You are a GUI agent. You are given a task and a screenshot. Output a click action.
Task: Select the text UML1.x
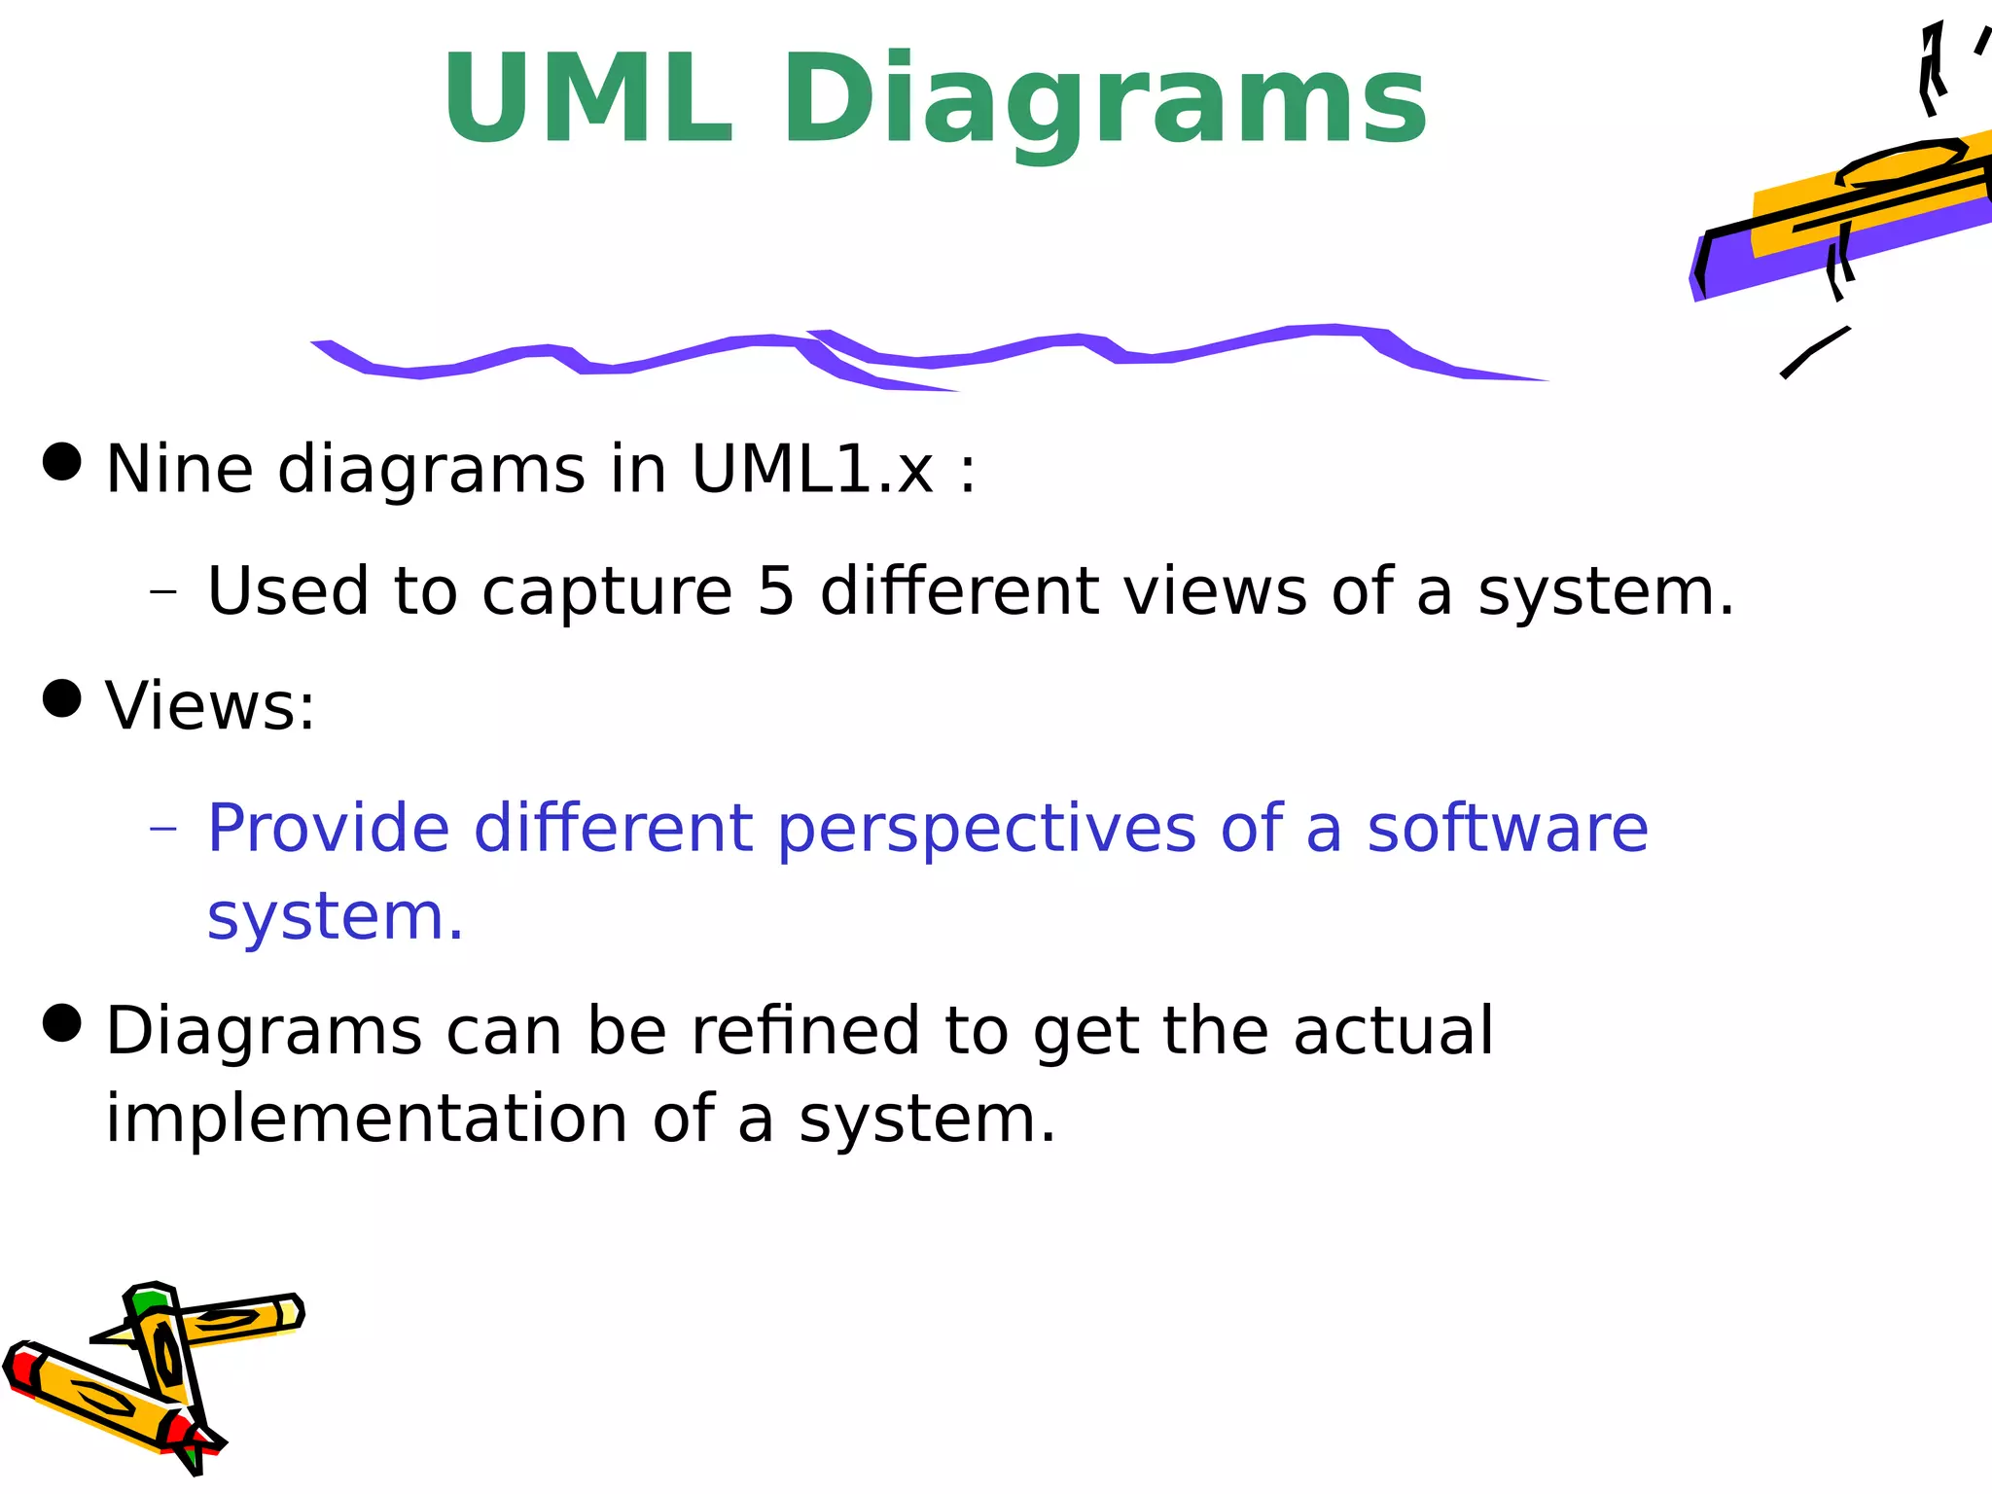pos(812,470)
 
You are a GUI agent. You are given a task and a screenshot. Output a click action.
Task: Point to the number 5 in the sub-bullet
pos(776,590)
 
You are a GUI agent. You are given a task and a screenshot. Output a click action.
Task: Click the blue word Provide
pos(328,829)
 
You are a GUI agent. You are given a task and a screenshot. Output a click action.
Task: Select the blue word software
pos(1508,829)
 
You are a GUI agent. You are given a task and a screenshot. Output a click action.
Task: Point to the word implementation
pos(367,1119)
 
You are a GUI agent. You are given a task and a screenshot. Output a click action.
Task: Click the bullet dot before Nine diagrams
pos(63,461)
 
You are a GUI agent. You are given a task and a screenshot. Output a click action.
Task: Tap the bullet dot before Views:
pos(63,698)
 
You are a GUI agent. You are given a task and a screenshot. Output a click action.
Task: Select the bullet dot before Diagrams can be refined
pos(63,1023)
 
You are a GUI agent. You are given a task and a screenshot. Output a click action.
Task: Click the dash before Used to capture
pos(163,590)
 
